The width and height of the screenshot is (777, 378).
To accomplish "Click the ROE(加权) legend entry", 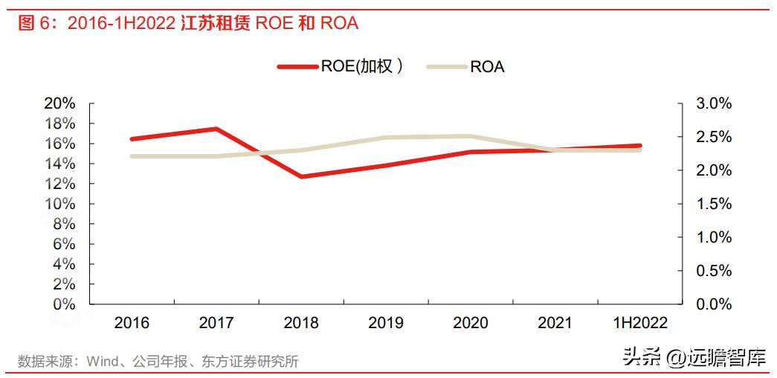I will coord(341,66).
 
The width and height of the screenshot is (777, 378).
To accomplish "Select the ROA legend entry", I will coord(466,66).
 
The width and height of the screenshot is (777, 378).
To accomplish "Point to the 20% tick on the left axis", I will coord(60,103).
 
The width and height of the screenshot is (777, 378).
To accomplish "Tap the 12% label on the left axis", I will coord(60,184).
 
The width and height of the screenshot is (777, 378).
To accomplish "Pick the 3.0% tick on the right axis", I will coord(713,103).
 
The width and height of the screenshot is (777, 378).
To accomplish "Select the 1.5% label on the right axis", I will coord(713,204).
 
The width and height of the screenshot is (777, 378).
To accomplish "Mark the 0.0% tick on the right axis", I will coord(713,304).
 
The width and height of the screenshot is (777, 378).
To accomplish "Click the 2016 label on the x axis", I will coord(132,323).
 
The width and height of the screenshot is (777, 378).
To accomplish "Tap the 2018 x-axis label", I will coord(301,323).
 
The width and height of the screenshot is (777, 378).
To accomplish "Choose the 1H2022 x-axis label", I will coord(639,323).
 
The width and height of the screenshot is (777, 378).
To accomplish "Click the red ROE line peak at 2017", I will coord(216,129).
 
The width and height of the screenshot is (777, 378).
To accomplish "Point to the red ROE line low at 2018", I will coord(301,177).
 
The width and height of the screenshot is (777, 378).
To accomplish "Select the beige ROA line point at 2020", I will coord(470,136).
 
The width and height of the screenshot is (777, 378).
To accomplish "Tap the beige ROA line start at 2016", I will coord(132,156).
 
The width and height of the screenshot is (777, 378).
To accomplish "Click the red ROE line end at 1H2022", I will coord(639,146).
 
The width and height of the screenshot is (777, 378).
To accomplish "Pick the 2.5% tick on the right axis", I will coord(713,137).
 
